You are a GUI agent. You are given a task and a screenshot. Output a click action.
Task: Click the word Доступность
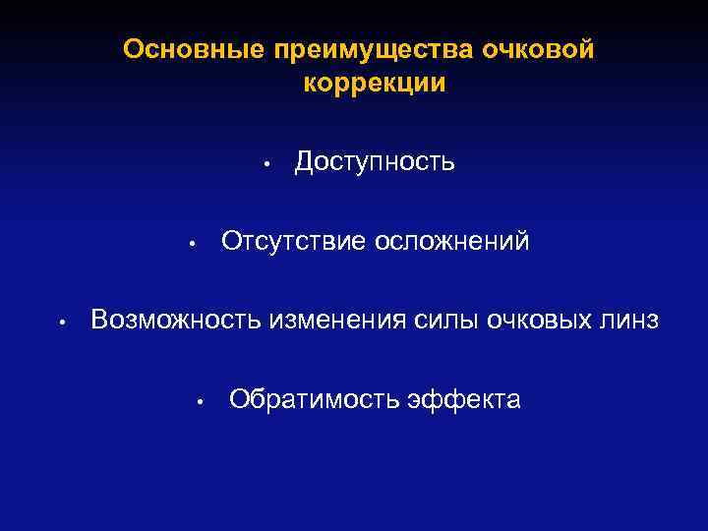point(375,161)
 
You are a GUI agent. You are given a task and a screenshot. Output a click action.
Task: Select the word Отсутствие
point(291,241)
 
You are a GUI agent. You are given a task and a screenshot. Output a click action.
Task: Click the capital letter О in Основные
point(133,50)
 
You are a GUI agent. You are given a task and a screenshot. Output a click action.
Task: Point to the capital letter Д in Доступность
point(305,161)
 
